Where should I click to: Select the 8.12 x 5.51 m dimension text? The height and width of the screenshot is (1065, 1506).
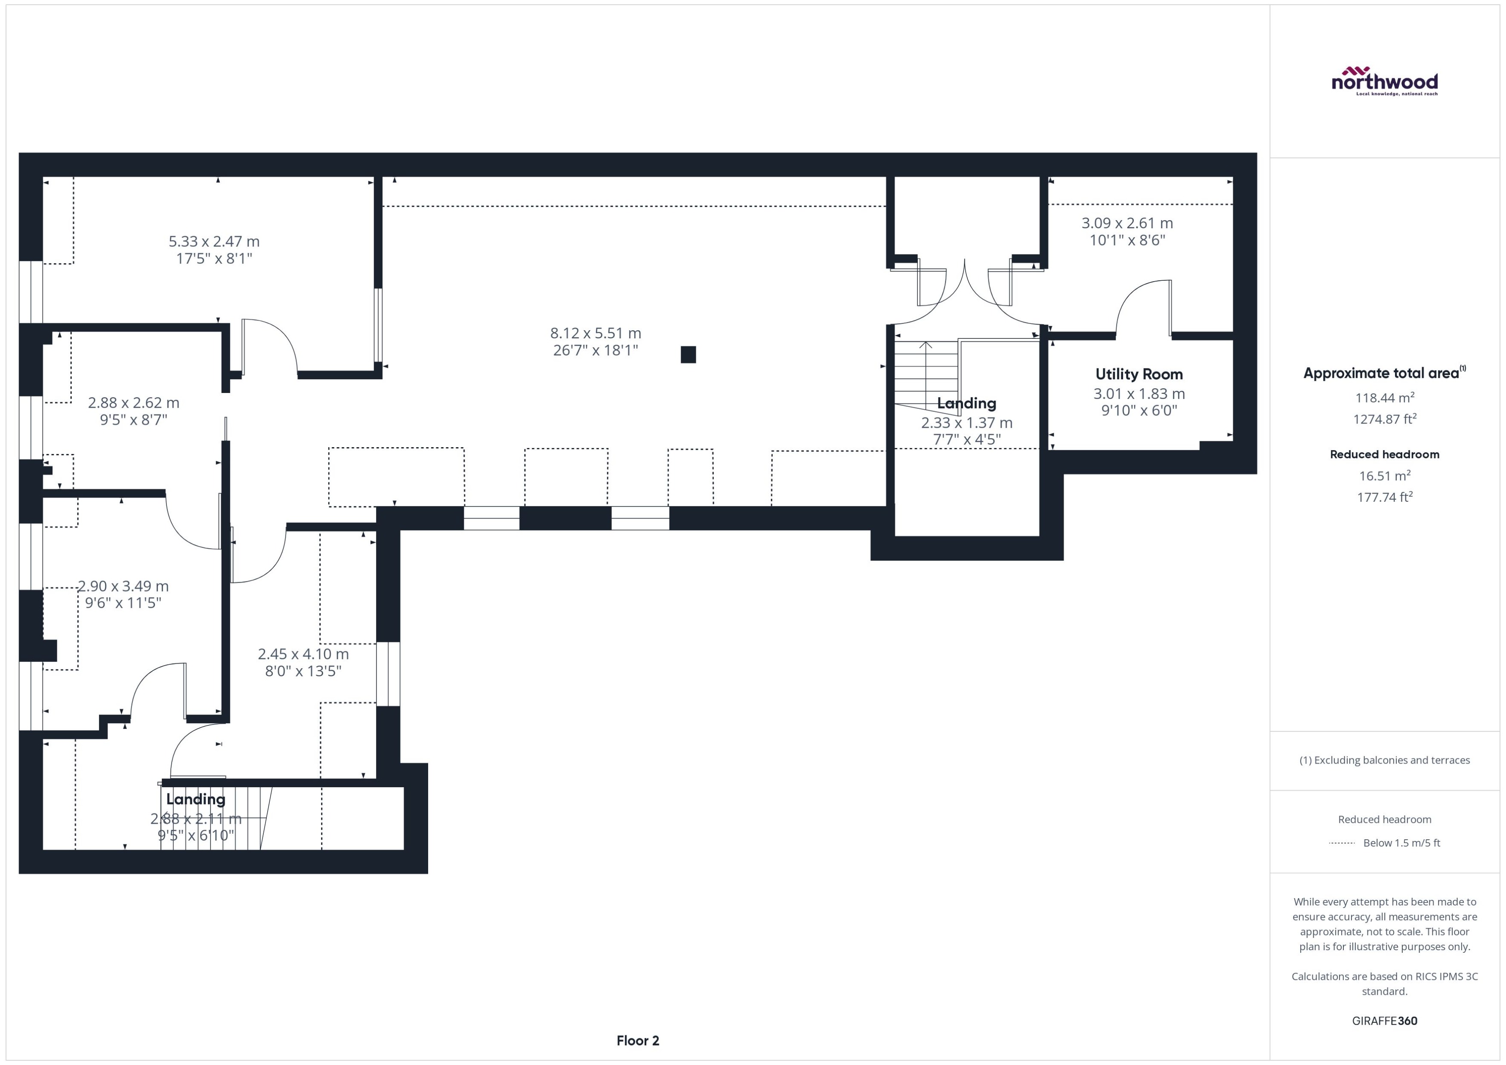point(595,333)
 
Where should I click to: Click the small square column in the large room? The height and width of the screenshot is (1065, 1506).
point(688,355)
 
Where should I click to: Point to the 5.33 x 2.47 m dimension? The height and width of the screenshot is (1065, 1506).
point(214,241)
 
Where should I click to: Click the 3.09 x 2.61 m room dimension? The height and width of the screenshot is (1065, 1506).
point(1127,223)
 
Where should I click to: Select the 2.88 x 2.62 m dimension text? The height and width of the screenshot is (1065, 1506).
point(133,403)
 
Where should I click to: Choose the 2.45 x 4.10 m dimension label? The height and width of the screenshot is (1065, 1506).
point(303,654)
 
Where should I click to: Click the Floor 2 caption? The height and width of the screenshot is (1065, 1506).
point(637,1040)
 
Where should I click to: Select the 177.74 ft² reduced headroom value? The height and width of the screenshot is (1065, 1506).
point(1384,497)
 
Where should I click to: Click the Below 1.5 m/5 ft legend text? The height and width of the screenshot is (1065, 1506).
point(1401,843)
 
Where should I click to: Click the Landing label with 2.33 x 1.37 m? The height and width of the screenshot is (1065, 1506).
point(966,403)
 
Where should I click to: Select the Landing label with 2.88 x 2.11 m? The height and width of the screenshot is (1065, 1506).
point(195,799)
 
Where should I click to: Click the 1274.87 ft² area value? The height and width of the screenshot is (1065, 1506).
point(1384,419)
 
